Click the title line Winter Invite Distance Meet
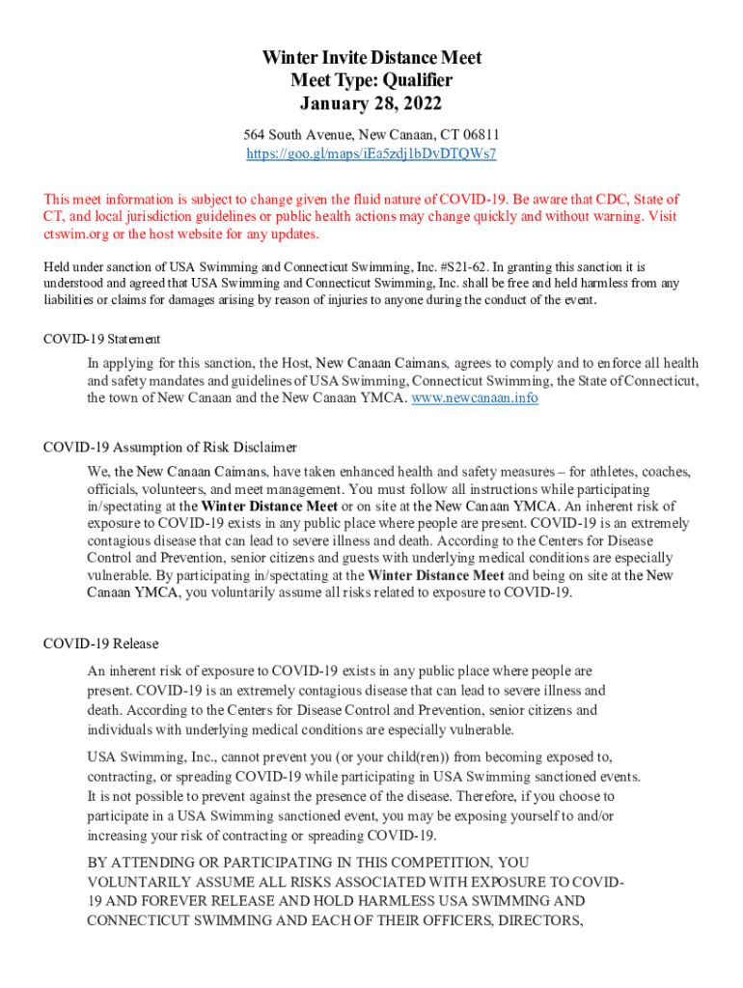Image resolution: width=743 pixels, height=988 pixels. pos(371,58)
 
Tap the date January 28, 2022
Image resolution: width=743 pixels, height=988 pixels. pos(371,102)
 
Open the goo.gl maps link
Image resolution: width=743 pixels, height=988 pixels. pos(371,153)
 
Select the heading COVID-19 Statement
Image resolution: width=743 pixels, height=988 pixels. pos(102,339)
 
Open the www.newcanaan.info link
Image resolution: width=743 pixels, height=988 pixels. pos(475,398)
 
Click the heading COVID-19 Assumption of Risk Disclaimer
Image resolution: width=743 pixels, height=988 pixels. pos(170,447)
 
